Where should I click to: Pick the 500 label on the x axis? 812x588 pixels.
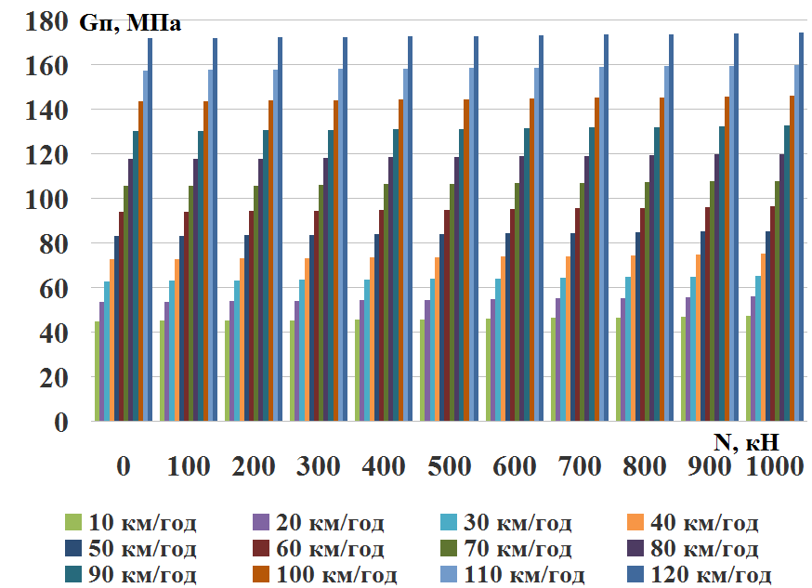point(450,467)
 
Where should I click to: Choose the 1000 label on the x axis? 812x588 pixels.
point(774,467)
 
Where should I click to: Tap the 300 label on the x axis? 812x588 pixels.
point(320,467)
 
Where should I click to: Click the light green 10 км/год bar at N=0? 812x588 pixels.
point(98,372)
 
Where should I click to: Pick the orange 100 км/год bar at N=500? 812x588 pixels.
point(466,260)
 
